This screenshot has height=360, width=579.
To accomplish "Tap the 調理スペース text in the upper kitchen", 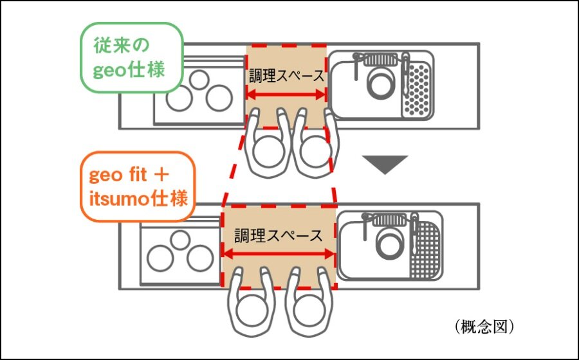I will click(x=287, y=76).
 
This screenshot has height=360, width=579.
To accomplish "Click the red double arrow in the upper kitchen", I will click(x=287, y=94).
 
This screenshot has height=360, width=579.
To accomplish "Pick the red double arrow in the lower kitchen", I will click(x=279, y=253).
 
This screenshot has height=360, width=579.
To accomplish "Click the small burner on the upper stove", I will click(x=199, y=79).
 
